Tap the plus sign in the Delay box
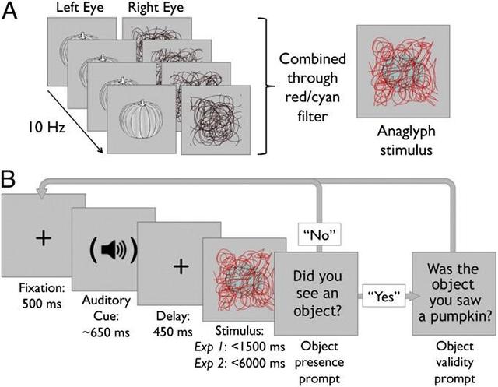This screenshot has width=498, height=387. [x=180, y=266]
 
